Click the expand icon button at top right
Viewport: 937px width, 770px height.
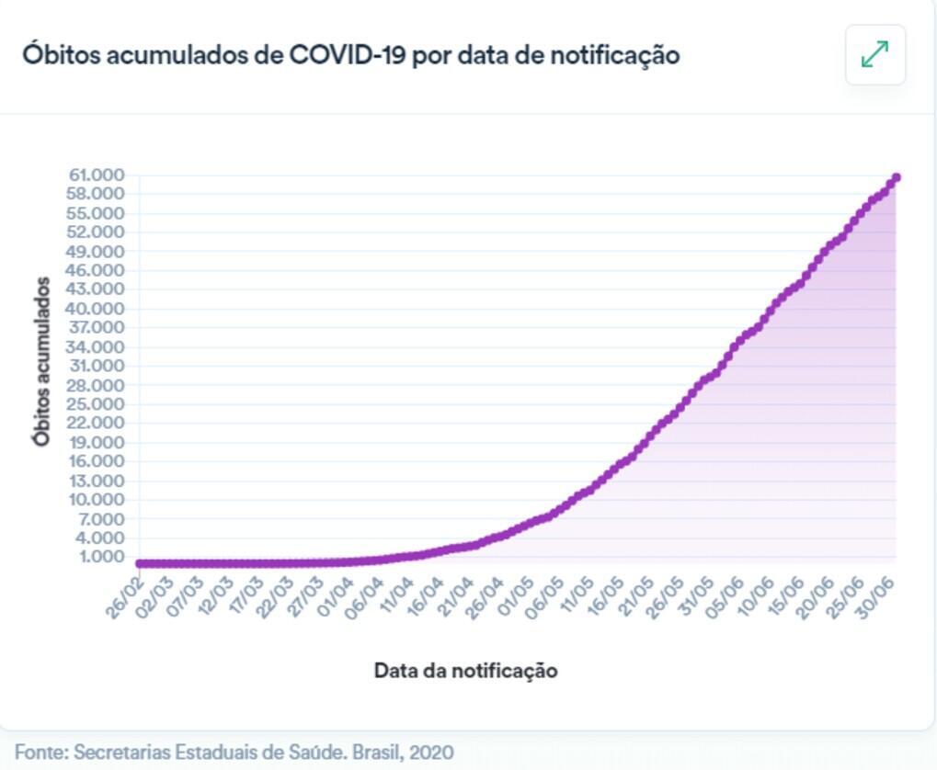pyautogui.click(x=874, y=55)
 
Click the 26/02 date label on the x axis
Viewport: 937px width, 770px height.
pyautogui.click(x=126, y=597)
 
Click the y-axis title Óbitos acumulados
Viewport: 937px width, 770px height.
pyautogui.click(x=41, y=360)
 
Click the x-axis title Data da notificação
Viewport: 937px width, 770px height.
pyautogui.click(x=465, y=671)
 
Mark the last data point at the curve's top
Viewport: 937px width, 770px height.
pyautogui.click(x=896, y=177)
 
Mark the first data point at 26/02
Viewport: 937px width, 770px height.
pyautogui.click(x=140, y=563)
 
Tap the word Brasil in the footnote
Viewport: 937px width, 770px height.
pyautogui.click(x=374, y=752)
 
